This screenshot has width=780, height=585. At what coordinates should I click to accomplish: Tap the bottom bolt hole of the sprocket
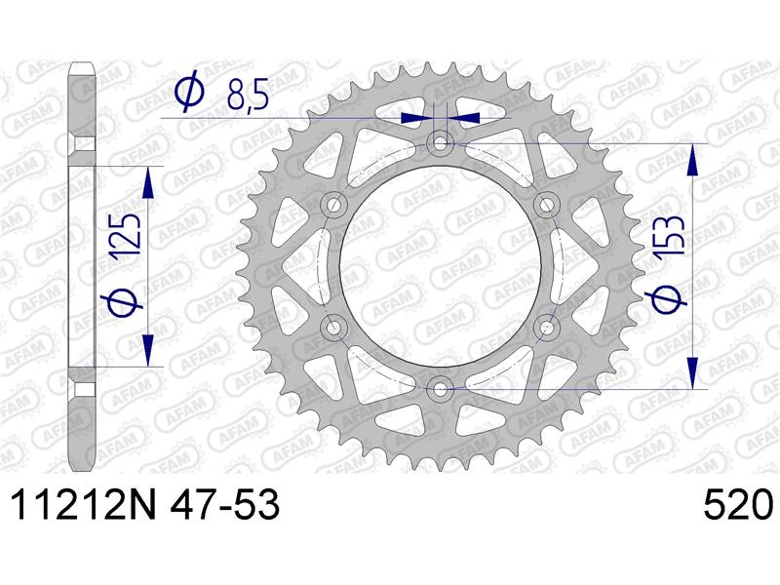(440, 389)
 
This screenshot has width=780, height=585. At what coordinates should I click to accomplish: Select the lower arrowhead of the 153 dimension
(693, 374)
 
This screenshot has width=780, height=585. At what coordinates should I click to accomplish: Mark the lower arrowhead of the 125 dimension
(148, 351)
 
